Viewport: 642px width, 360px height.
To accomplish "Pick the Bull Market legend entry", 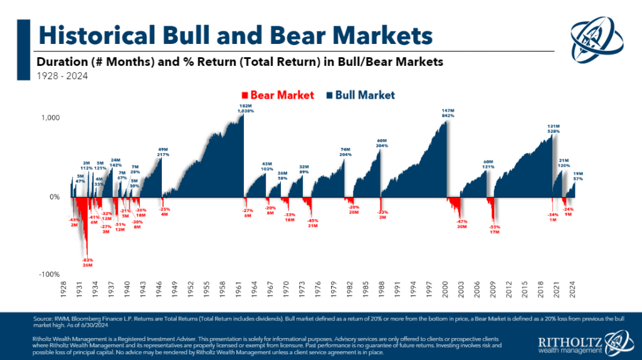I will point(360,95).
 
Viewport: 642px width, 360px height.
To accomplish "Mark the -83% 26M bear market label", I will point(87,263).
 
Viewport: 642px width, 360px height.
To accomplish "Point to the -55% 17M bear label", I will point(495,230).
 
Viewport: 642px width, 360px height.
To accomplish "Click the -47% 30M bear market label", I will point(463,224).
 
